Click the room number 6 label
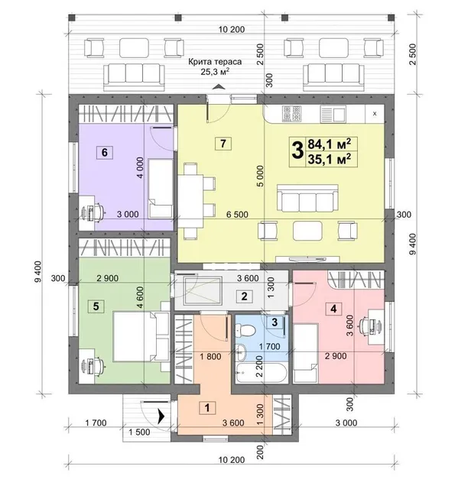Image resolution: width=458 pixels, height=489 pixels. [105, 153]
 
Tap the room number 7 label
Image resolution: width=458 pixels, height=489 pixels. [223, 144]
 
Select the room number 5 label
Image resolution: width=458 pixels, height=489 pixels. [96, 306]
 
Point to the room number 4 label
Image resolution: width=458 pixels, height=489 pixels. [333, 309]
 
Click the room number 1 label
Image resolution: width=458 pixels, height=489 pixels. [207, 407]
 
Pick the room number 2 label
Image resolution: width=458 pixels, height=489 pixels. [244, 296]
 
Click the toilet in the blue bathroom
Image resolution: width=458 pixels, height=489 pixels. [245, 331]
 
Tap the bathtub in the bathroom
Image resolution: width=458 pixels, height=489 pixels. [261, 372]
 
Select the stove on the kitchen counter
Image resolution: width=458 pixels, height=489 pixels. [291, 114]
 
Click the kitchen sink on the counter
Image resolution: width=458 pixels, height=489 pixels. [333, 114]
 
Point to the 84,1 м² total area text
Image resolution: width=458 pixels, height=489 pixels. [330, 144]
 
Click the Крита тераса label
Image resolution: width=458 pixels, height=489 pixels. [215, 62]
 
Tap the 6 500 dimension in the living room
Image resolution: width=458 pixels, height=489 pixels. [238, 215]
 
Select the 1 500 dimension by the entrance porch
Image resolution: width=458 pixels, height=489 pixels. [139, 432]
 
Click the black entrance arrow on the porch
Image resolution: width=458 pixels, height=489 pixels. [161, 416]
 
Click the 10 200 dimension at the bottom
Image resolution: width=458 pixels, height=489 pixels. [232, 460]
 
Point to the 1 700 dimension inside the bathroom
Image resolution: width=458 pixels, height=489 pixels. [270, 346]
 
